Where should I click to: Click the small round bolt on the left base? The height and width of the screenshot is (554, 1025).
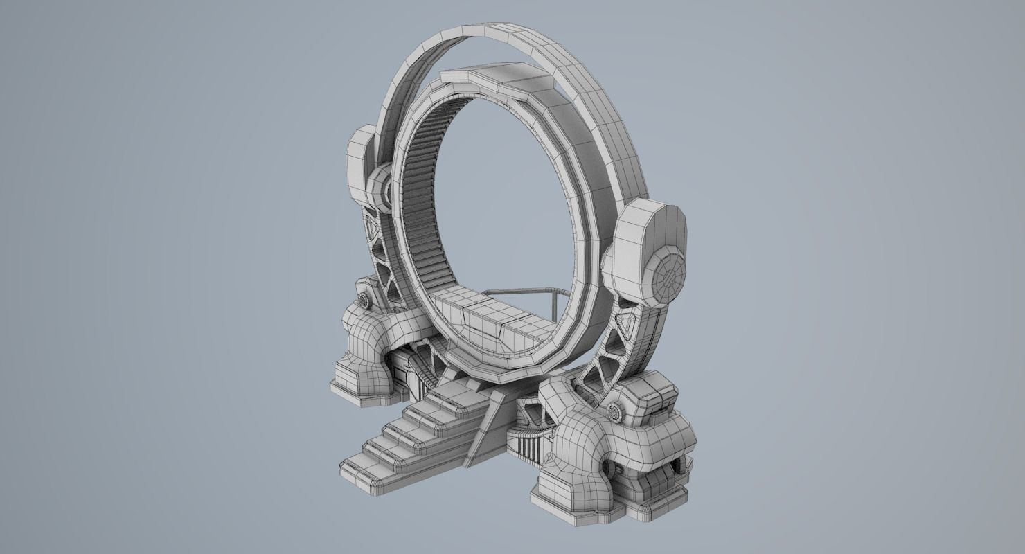coord(362,300)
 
